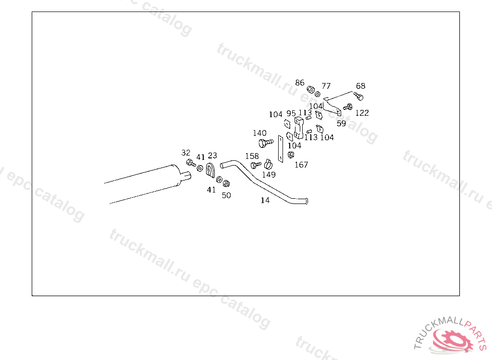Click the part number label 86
tap(300, 83)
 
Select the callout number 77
tap(326, 86)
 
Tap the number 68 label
tap(360, 86)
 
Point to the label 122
tap(362, 113)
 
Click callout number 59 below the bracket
tap(341, 123)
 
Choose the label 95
tap(291, 113)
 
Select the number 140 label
tap(259, 133)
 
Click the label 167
tap(301, 165)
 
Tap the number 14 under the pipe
tap(265, 200)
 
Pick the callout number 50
tap(226, 195)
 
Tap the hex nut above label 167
tap(291, 154)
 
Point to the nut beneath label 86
tap(311, 90)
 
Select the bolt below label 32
tap(189, 163)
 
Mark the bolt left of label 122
tap(348, 107)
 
